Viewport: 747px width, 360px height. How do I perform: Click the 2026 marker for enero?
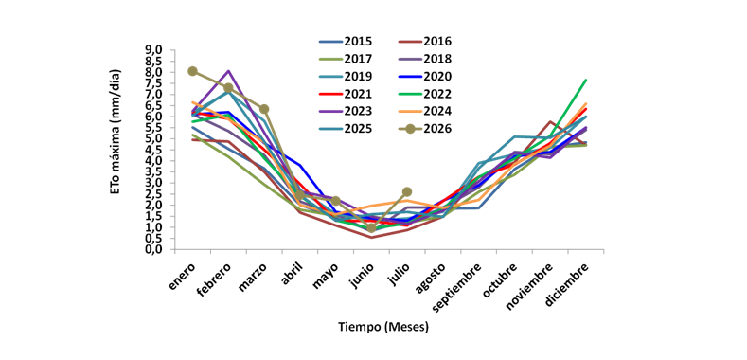click(192, 71)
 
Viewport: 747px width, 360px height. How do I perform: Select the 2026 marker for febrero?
click(228, 88)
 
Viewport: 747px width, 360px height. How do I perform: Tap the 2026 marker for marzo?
click(264, 109)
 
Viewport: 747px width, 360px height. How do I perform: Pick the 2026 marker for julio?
click(407, 191)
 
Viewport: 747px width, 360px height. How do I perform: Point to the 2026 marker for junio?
click(371, 228)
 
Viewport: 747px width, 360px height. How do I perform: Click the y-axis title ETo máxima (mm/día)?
click(116, 132)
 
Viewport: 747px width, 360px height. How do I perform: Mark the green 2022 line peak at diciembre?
click(585, 80)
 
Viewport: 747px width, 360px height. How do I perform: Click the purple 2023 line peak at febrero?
click(229, 71)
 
